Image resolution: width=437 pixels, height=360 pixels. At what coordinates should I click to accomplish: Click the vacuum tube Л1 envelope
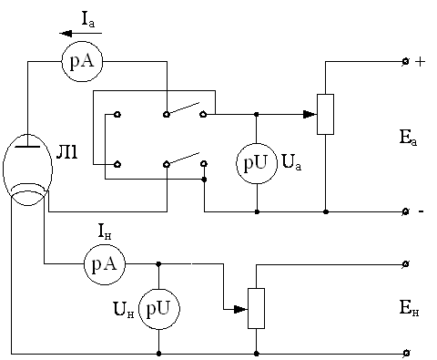tap(4, 170)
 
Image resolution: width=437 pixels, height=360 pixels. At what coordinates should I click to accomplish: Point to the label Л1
tap(67, 153)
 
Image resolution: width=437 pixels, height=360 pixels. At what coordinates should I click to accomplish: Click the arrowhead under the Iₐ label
tap(66, 33)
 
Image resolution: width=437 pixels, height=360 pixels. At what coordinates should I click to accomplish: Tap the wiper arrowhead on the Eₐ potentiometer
tap(310, 115)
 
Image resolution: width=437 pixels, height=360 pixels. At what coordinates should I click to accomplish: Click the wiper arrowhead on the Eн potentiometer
tap(241, 310)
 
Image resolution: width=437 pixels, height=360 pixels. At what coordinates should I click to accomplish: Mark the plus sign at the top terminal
tap(420, 62)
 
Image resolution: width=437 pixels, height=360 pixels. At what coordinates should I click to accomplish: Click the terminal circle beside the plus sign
tap(405, 62)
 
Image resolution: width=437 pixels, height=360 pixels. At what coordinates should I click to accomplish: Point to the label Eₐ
tap(408, 138)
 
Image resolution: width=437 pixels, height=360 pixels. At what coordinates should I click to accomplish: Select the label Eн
tap(409, 308)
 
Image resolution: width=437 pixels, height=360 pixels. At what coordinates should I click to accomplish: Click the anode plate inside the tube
tap(27, 147)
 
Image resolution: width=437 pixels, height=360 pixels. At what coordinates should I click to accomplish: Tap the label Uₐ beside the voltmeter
tap(291, 162)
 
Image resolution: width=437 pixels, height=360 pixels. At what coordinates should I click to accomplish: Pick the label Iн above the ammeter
tap(105, 231)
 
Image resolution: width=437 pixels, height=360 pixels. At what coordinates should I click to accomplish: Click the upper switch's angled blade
tap(183, 108)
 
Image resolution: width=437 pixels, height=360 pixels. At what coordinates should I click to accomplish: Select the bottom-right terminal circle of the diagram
tap(406, 353)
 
